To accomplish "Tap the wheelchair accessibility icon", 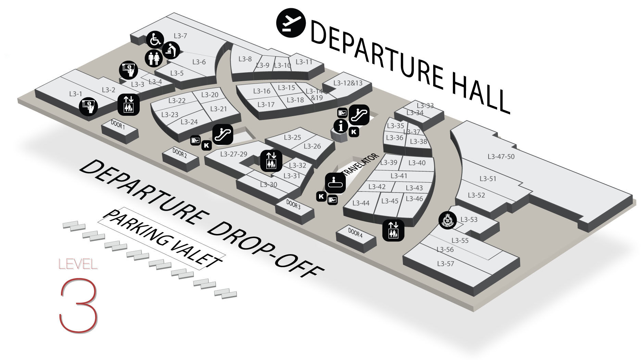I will tap(155, 40).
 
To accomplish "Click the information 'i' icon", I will tap(341, 127).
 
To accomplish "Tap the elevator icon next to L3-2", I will tap(129, 104).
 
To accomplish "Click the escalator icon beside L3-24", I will tap(223, 134).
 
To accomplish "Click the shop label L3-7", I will tap(180, 36).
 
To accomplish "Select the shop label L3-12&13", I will tap(348, 83).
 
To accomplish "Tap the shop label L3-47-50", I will tap(501, 157).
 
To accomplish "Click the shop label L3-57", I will tap(445, 263).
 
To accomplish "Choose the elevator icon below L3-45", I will tap(393, 230).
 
